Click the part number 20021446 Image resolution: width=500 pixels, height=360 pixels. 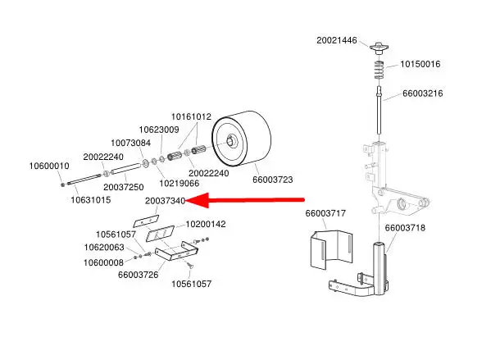tap(337, 39)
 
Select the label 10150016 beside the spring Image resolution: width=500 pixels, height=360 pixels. tap(420, 64)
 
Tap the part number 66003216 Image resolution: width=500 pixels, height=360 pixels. tap(422, 93)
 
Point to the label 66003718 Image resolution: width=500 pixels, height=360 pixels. tap(404, 227)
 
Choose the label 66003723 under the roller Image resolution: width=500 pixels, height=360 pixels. tap(272, 179)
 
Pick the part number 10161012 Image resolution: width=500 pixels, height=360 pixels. tap(191, 116)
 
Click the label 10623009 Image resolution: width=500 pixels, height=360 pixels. tap(158, 130)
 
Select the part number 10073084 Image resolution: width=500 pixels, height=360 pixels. tap(130, 143)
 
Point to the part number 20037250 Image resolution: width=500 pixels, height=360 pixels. tap(124, 187)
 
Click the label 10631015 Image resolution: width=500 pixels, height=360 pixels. tap(90, 199)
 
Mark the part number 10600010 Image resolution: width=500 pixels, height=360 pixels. tap(48, 166)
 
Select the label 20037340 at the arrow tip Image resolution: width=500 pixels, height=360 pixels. tap(165, 200)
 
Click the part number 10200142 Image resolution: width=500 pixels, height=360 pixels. tap(206, 224)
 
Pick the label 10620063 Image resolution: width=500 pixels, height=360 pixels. tap(103, 247)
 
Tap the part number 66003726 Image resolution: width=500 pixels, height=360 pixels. tap(138, 274)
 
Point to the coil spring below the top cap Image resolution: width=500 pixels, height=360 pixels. tap(379, 70)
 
